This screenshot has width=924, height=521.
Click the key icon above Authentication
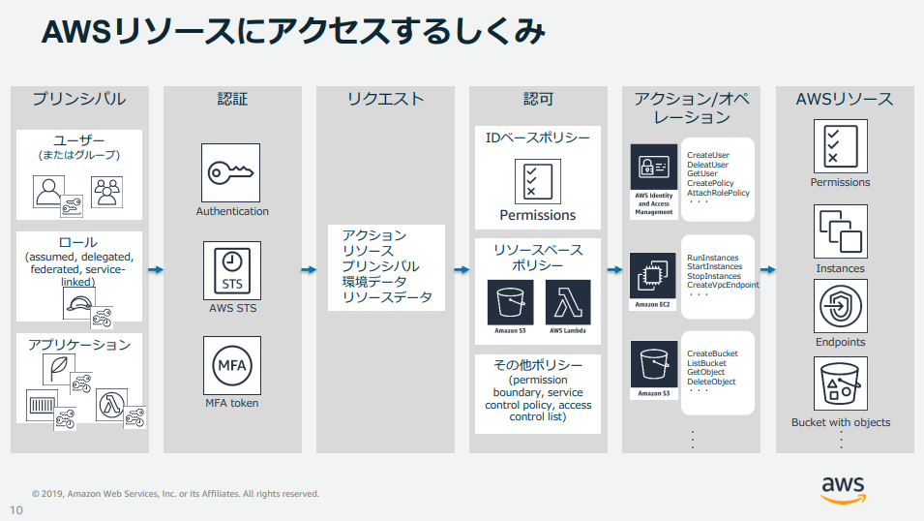[230, 173]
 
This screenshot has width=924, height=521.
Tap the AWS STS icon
[231, 271]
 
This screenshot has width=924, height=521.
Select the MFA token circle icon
[231, 365]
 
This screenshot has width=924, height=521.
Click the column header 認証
[232, 99]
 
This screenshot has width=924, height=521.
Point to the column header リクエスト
[385, 99]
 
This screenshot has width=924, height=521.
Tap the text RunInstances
[712, 258]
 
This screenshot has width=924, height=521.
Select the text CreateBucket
[712, 353]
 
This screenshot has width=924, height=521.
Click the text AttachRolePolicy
[718, 193]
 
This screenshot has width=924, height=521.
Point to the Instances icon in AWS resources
[841, 231]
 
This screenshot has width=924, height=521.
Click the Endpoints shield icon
[841, 306]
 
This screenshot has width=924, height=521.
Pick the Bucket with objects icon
[841, 383]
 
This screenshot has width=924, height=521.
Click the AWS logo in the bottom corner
[844, 490]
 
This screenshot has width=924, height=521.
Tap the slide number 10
[15, 510]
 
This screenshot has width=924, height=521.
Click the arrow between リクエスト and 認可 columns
[462, 269]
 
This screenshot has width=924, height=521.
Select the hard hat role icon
[79, 304]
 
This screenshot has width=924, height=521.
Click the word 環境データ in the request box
[374, 282]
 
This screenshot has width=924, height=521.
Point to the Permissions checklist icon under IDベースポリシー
[537, 181]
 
